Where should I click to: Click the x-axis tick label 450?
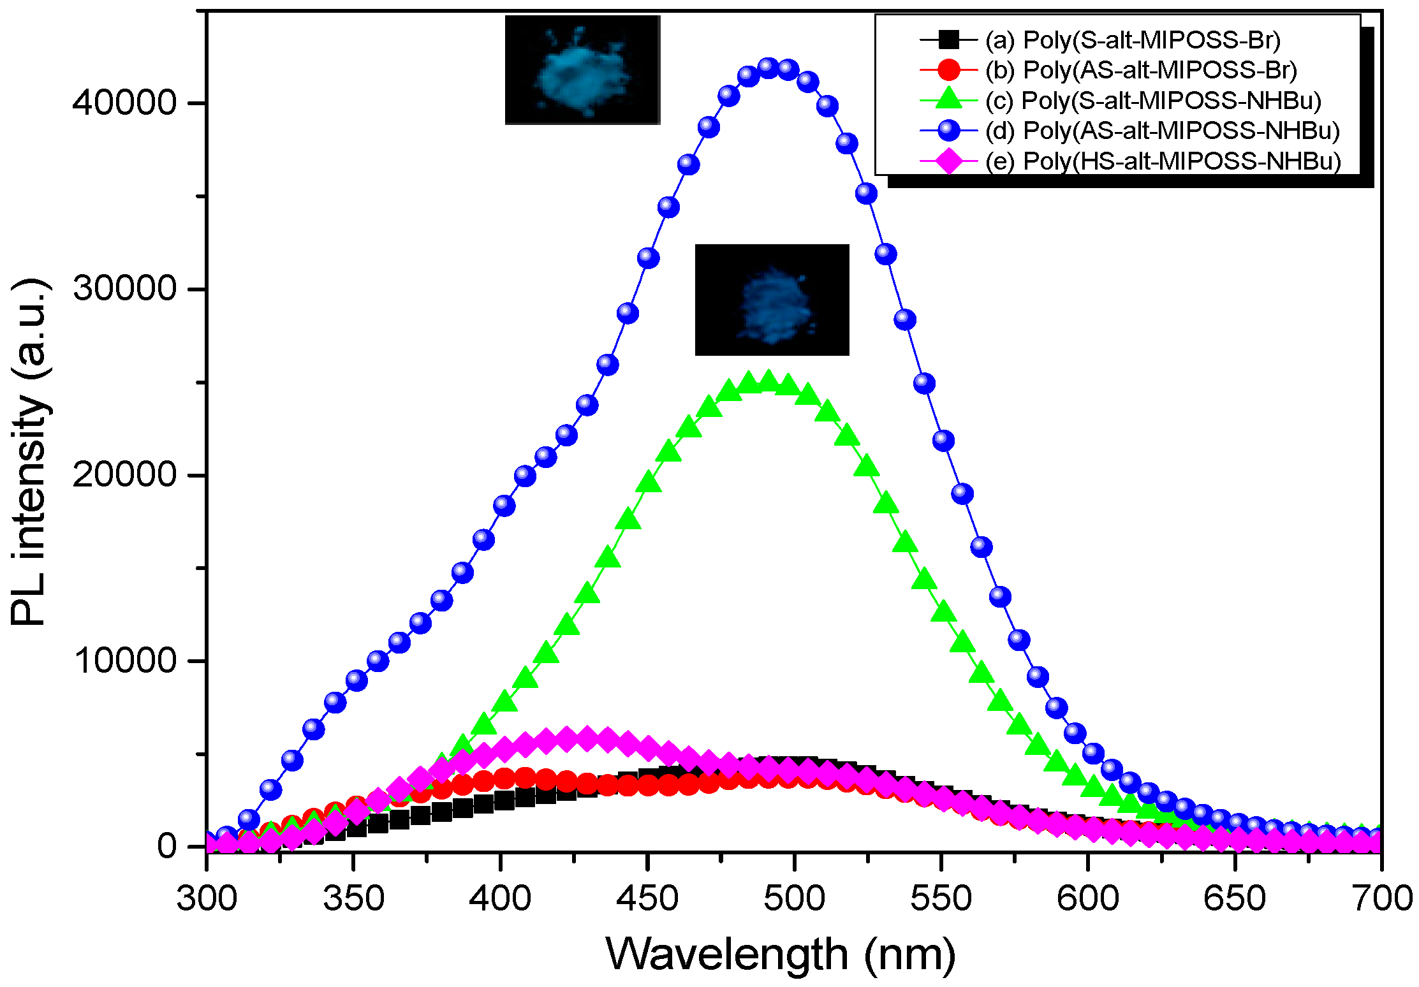tap(647, 898)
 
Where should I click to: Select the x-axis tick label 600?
tap(1087, 898)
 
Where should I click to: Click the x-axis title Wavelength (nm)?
tap(781, 954)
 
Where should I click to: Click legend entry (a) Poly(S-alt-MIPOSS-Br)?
tap(1132, 40)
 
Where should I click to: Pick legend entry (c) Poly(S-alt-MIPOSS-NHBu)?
tap(1153, 100)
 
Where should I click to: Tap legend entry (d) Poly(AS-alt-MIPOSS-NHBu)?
tap(1162, 131)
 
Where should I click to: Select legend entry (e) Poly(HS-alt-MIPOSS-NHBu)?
tap(1163, 161)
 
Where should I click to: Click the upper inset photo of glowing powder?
tap(582, 70)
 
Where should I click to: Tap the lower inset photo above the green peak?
tap(772, 300)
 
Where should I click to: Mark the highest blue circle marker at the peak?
tap(768, 68)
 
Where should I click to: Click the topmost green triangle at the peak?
tap(768, 381)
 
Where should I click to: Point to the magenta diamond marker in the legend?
tap(949, 161)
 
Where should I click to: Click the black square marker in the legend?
tap(949, 40)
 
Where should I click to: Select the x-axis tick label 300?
tap(206, 898)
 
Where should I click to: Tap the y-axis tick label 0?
tap(167, 846)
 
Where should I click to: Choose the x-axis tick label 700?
tap(1381, 898)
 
